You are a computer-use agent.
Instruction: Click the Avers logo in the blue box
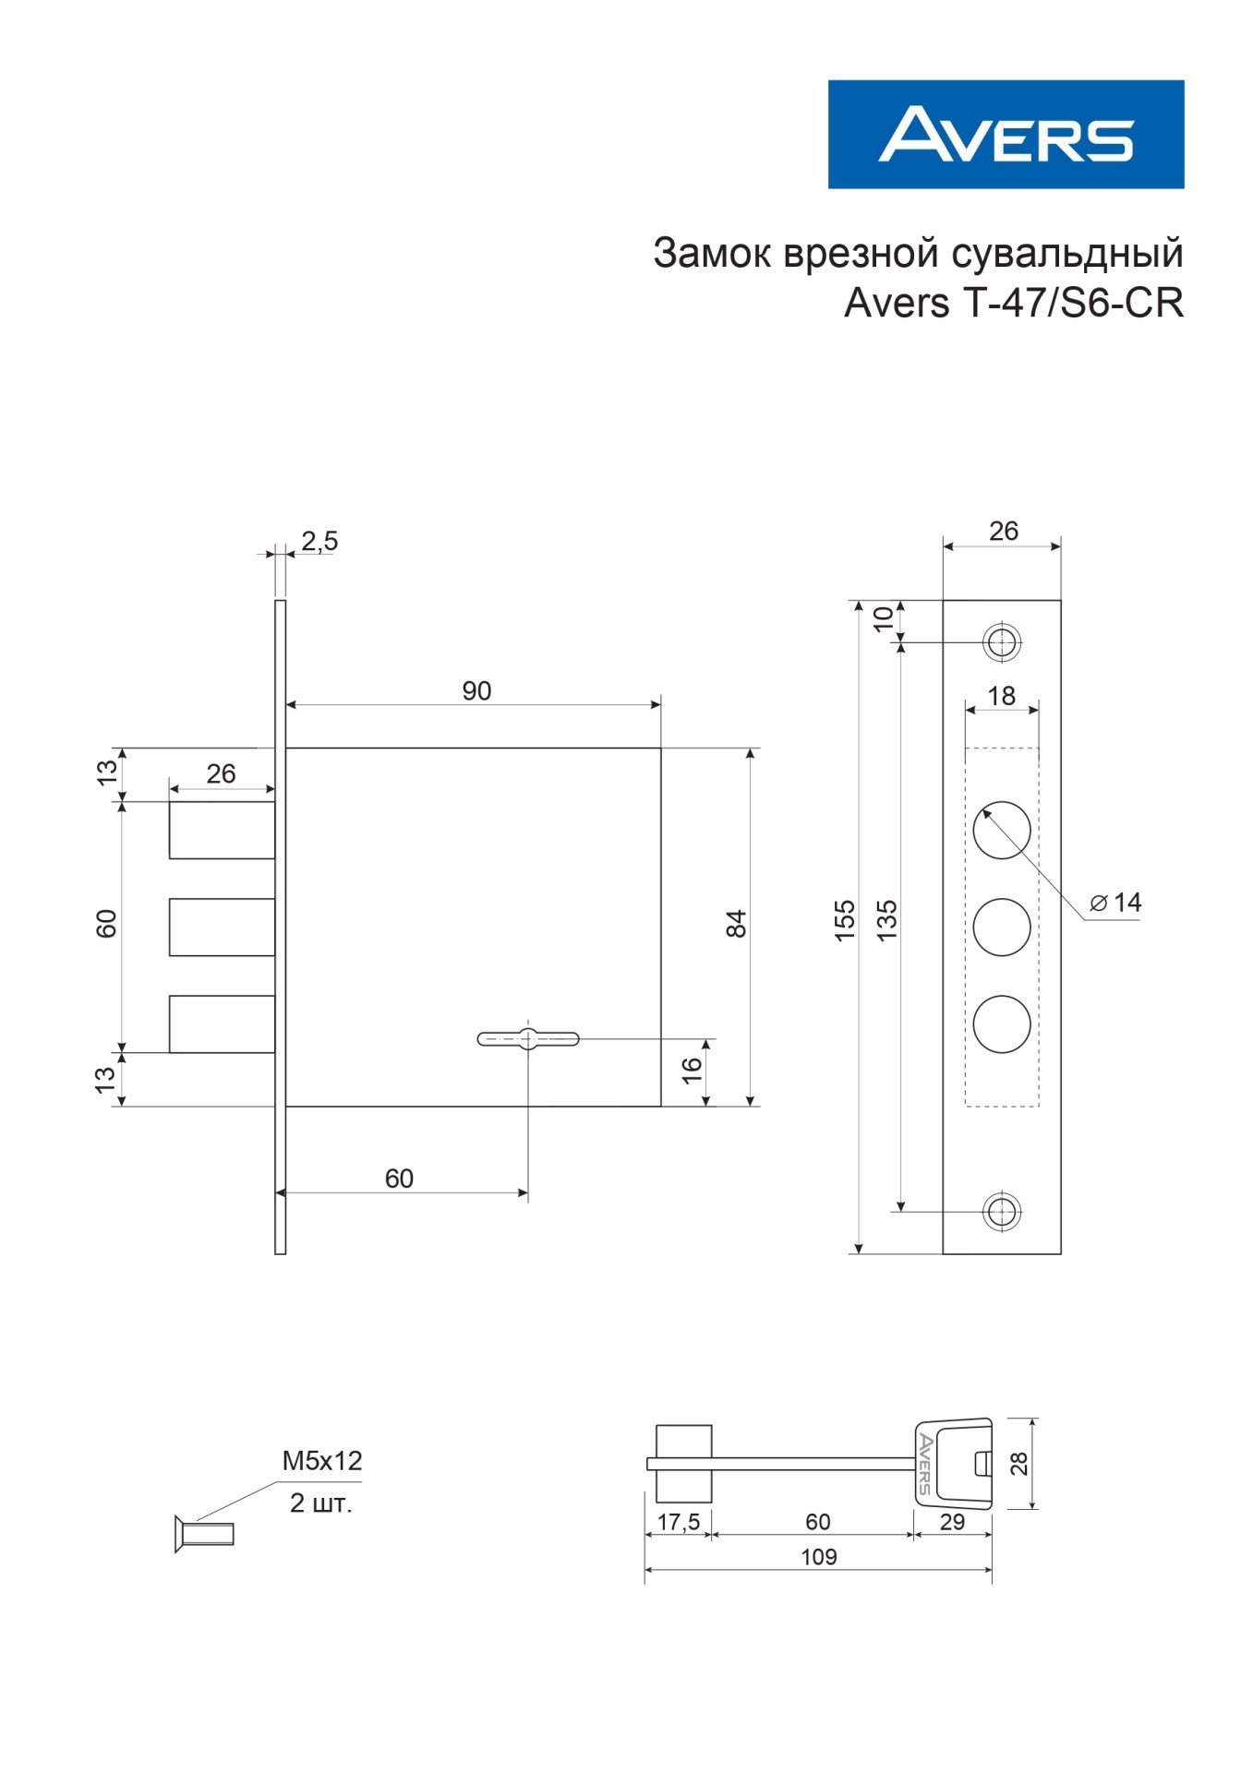click(x=1006, y=135)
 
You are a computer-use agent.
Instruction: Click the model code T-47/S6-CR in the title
click(x=1074, y=303)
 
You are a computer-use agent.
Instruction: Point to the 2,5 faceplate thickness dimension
click(x=319, y=541)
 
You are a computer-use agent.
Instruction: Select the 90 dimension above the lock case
click(x=476, y=690)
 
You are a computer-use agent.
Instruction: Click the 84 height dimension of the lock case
click(x=737, y=924)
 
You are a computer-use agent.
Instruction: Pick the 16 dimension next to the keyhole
click(x=692, y=1070)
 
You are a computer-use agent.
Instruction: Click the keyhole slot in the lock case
click(x=528, y=1039)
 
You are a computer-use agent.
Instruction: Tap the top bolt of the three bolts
click(x=222, y=830)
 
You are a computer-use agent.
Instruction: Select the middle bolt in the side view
click(x=222, y=927)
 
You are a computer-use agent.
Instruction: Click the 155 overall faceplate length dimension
click(x=845, y=920)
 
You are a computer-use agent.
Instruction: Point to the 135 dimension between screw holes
click(x=886, y=920)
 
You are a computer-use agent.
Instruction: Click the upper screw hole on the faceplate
click(x=1001, y=641)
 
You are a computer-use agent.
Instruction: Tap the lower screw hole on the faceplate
click(x=1001, y=1211)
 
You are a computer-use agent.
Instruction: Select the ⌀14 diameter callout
click(x=1115, y=903)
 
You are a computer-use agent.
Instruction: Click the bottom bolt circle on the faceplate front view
click(x=1002, y=1024)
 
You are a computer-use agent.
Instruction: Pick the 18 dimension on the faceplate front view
click(x=1002, y=695)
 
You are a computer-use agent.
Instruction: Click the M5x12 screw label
click(x=322, y=1461)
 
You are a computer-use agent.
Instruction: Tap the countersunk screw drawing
click(x=204, y=1533)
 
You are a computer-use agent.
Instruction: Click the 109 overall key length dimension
click(x=818, y=1557)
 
